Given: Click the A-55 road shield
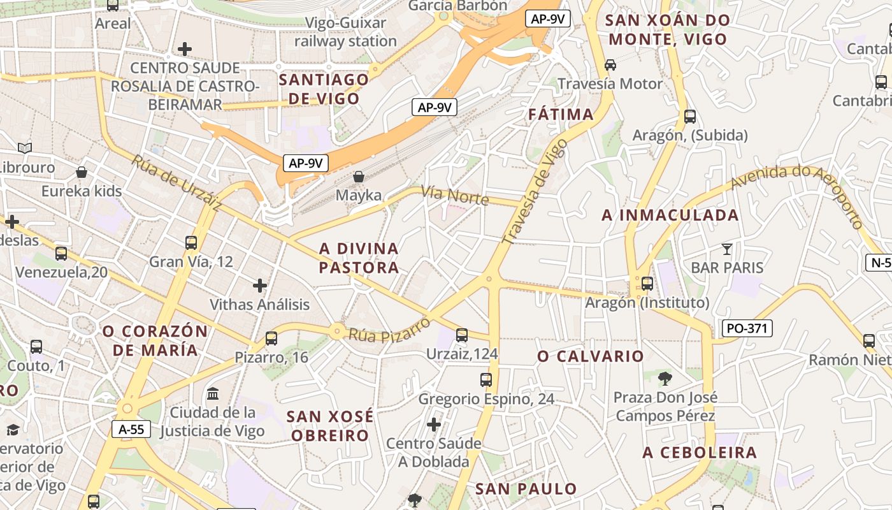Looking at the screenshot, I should [x=131, y=429].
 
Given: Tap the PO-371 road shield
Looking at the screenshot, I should [x=747, y=328].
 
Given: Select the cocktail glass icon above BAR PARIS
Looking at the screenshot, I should [x=726, y=249].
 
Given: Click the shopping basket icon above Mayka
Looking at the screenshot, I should [x=359, y=177].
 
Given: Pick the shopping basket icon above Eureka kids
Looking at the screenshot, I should [x=82, y=172].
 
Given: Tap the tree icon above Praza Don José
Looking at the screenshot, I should [x=665, y=379].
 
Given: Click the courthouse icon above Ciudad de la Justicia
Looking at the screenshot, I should [x=213, y=393].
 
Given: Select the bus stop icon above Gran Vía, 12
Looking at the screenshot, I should [x=191, y=243].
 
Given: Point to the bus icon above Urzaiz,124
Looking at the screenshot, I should [x=462, y=335].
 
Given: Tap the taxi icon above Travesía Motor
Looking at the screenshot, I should [x=610, y=64].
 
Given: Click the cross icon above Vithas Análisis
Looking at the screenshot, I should [x=260, y=286].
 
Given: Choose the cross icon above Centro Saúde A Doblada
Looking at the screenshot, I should [x=434, y=425].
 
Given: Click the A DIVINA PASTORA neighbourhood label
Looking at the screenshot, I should [x=359, y=258].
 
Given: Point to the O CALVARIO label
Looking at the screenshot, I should [x=591, y=356].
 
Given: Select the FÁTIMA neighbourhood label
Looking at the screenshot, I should [x=561, y=115].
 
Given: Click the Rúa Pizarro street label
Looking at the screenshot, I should [x=389, y=327].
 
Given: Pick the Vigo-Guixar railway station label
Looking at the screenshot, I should [x=345, y=33].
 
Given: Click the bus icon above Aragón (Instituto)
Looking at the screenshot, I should [x=647, y=284].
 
